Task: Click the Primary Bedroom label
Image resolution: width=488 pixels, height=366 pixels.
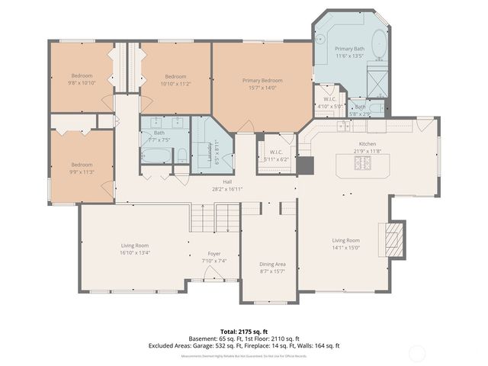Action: (x=262, y=80)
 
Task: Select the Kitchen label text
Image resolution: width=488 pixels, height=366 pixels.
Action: (x=368, y=143)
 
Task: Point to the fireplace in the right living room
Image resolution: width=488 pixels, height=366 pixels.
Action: (x=393, y=238)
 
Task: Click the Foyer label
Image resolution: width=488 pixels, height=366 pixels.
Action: (x=214, y=253)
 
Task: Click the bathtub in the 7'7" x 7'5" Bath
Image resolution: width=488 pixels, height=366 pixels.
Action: (x=157, y=156)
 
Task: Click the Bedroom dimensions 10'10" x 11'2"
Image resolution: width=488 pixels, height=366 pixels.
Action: (x=175, y=84)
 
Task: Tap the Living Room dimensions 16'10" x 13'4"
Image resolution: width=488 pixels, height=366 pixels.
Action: (x=135, y=253)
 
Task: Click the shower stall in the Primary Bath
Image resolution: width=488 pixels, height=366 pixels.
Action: (x=377, y=77)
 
